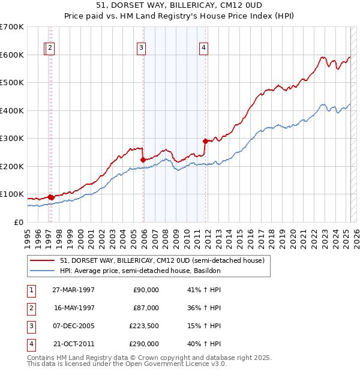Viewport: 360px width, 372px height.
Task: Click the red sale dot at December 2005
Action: [143, 160]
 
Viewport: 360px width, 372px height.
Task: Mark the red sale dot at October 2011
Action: [205, 141]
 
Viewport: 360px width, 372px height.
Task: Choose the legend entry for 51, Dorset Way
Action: [157, 260]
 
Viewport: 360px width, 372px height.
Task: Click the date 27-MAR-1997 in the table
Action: [73, 290]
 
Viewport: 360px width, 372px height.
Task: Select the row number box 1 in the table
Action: [31, 290]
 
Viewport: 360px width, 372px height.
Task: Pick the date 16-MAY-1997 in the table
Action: [73, 308]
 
